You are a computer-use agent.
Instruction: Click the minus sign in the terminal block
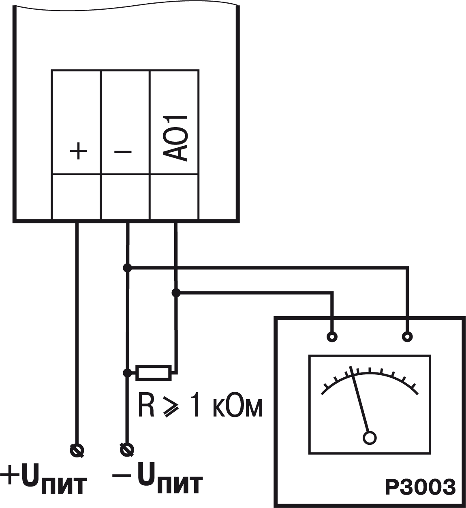123,152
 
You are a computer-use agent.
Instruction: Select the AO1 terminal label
176,138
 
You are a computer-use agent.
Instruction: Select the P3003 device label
419,487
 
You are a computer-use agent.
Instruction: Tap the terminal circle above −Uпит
127,449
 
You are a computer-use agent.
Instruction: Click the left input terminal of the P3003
332,336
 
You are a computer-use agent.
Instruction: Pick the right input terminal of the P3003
407,336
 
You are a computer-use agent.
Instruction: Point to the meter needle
360,401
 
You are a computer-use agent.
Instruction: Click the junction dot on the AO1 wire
176,293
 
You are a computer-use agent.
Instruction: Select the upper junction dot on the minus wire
127,268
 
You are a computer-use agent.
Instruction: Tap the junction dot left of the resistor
127,372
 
